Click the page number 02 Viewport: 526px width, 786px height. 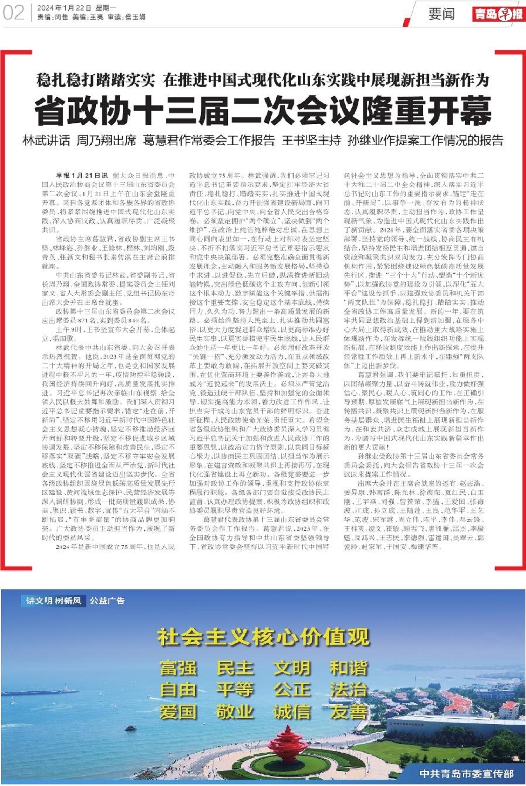pyautogui.click(x=13, y=13)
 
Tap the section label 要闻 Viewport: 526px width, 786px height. pyautogui.click(x=441, y=14)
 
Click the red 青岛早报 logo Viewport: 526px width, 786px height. pyautogui.click(x=498, y=14)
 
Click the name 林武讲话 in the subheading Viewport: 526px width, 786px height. pyautogui.click(x=46, y=141)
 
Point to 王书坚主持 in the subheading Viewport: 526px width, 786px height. pyautogui.click(x=311, y=141)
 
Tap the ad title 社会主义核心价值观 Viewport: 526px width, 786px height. pyautogui.click(x=263, y=637)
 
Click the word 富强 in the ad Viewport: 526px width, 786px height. pyautogui.click(x=178, y=668)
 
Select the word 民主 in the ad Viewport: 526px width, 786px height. pyautogui.click(x=235, y=668)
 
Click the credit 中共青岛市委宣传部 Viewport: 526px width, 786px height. pyautogui.click(x=466, y=773)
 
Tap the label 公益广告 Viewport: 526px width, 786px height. pyautogui.click(x=107, y=601)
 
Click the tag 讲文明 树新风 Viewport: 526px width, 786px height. pyautogui.click(x=54, y=601)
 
